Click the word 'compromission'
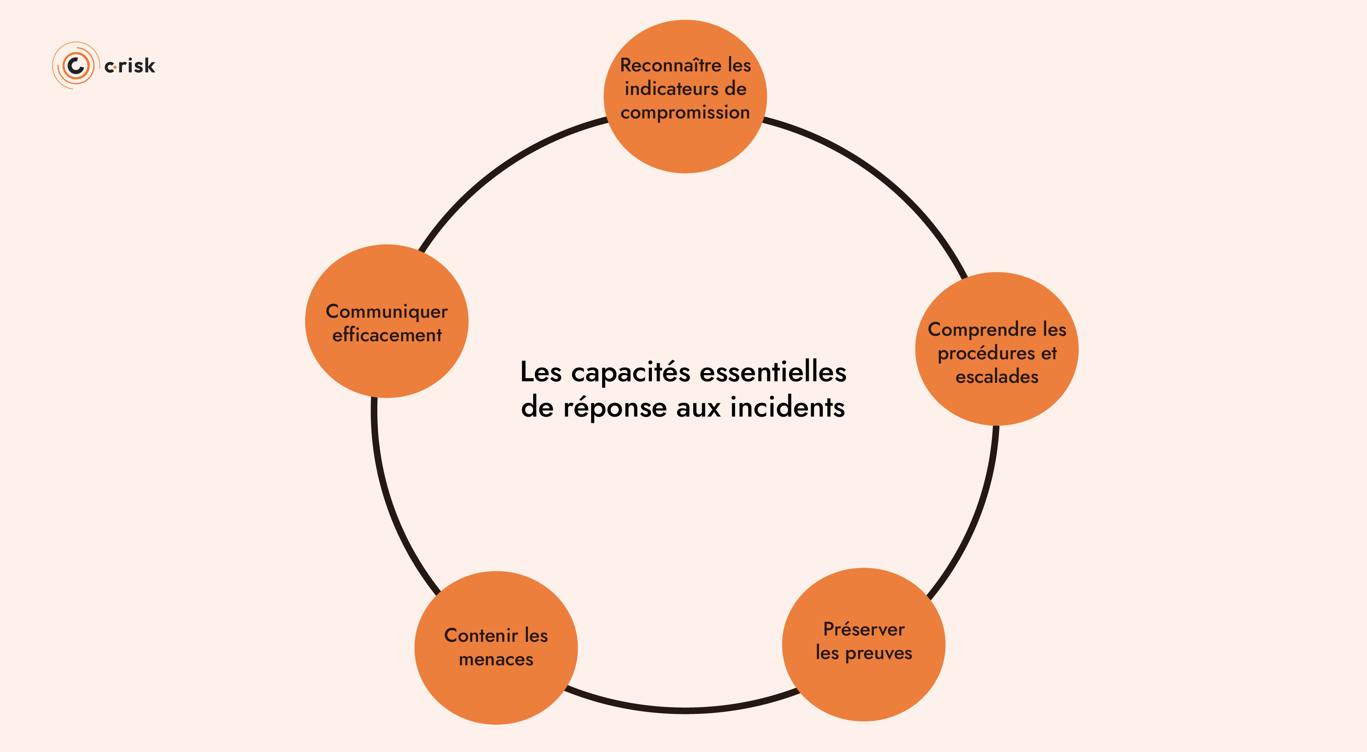pos(685,113)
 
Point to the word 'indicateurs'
pos(671,89)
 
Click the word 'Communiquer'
pos(386,311)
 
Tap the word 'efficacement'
pos(387,335)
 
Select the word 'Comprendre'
pos(982,330)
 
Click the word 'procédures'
pos(986,353)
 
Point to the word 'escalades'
pos(997,377)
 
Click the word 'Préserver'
pos(863,629)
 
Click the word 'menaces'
pos(496,659)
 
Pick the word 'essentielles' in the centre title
pos(773,371)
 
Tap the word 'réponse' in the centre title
pos(615,408)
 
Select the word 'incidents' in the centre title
pos(788,407)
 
